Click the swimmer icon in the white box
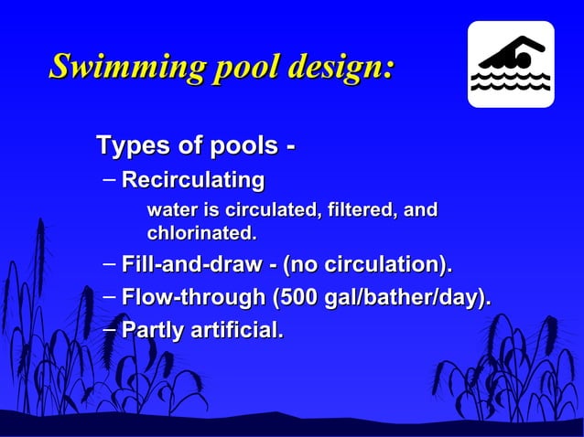511,63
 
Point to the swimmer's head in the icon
522,58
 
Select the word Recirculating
193,179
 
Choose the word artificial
235,329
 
